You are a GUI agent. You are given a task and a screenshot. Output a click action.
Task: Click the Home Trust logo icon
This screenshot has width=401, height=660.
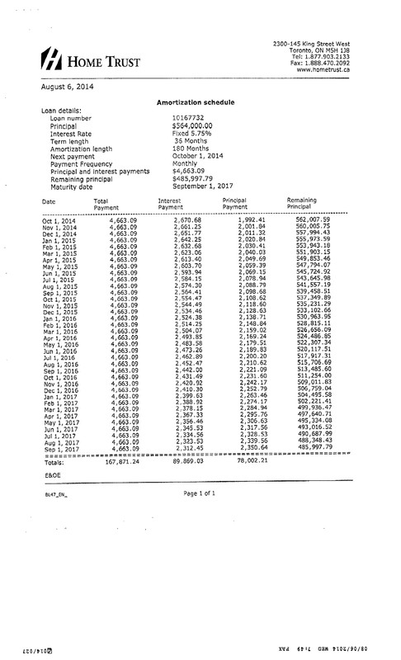51,57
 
